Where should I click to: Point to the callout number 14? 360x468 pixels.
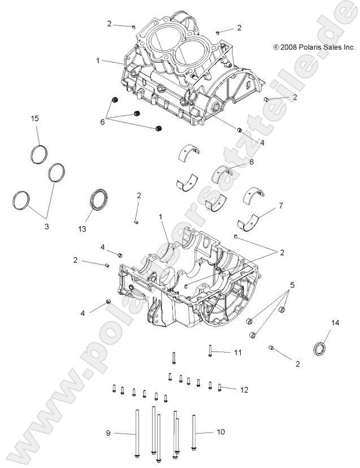coord(335,323)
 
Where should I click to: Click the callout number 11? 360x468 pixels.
coord(238,353)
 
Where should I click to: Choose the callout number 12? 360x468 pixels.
coord(244,389)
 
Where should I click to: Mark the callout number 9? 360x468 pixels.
coord(107,433)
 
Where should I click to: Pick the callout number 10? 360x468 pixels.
coord(220,432)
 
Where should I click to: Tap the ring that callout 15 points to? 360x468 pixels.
coord(38,154)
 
